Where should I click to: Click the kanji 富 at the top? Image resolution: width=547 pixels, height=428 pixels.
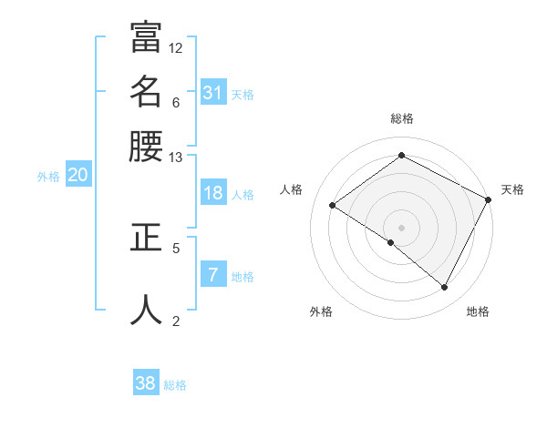point(146,39)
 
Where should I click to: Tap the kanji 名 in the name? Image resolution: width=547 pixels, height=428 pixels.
point(146,92)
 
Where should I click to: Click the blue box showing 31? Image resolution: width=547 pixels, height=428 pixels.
point(212,92)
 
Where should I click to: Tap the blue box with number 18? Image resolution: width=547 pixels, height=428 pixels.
point(212,193)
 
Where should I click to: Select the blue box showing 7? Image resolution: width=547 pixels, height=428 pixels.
point(212,275)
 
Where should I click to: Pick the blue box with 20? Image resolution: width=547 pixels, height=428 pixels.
point(77,176)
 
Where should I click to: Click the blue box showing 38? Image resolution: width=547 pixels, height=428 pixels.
point(146,383)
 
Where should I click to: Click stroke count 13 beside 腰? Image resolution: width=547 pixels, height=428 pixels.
point(176,158)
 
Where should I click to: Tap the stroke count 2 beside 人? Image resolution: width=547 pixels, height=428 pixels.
point(176,321)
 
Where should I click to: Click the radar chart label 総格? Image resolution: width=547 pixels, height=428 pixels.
point(402,118)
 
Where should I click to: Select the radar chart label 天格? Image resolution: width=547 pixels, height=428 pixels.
point(512,189)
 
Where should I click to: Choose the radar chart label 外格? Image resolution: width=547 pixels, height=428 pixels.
point(321,311)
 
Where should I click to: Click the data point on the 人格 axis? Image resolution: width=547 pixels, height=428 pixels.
point(332,205)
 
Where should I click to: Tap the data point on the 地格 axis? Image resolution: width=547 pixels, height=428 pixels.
point(445,287)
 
